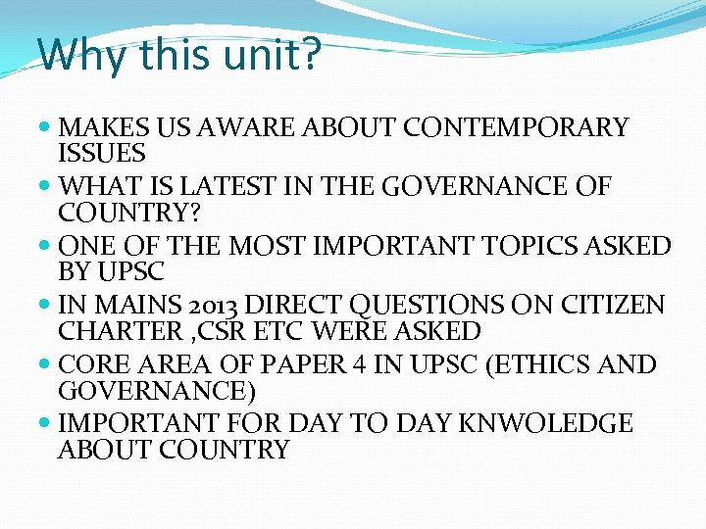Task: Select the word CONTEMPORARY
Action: click(x=517, y=128)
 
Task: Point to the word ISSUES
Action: click(x=102, y=154)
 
